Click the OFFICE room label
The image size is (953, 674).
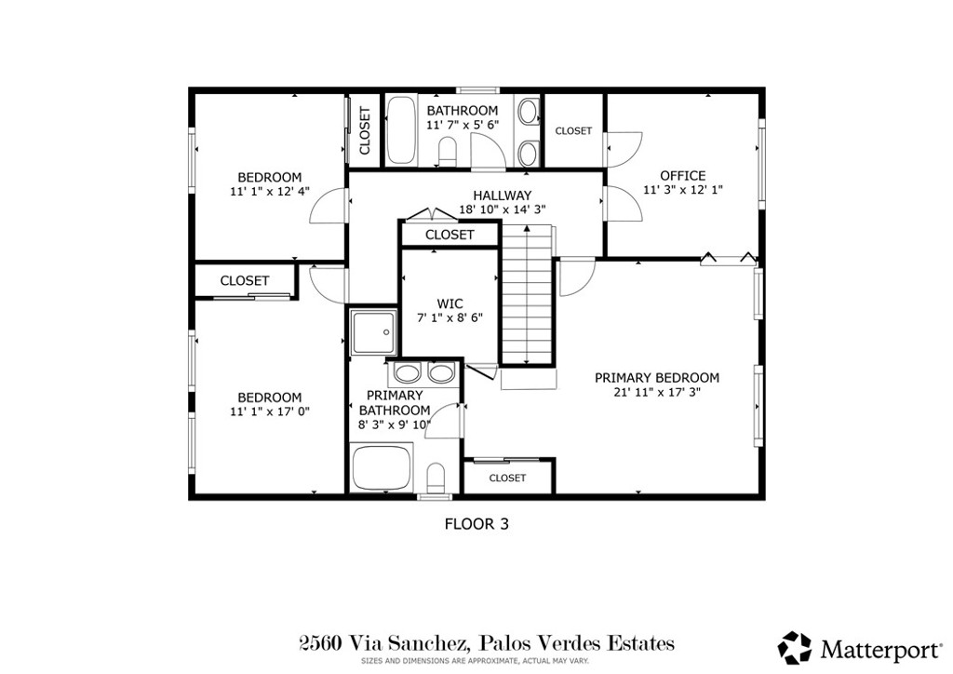coord(682,176)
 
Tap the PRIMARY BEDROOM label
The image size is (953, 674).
coord(657,378)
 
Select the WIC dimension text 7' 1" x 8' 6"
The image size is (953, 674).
coord(450,317)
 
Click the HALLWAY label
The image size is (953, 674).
coord(502,195)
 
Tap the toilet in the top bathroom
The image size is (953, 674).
coord(446,152)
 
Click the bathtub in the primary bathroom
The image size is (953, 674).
coord(381,469)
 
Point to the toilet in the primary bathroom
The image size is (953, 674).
coord(436,478)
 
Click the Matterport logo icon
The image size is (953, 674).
coord(795,646)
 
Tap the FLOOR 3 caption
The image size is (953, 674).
coord(476,524)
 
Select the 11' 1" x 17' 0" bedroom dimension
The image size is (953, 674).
coord(269,411)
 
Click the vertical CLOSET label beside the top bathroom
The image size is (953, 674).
coord(364,131)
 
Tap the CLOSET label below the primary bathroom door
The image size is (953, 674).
coord(507,478)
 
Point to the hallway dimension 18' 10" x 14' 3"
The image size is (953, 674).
coord(502,209)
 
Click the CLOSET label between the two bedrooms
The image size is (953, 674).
coord(245,280)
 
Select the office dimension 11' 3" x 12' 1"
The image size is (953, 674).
coord(682,190)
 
